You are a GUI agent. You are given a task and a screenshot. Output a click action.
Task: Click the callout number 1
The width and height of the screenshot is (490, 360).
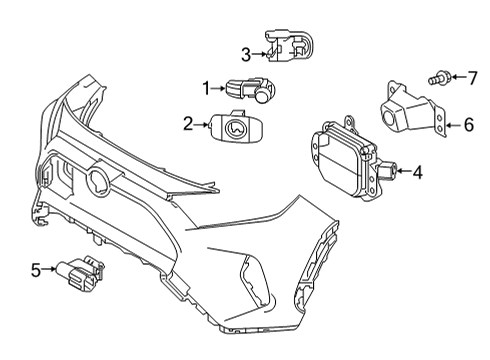tap(207, 89)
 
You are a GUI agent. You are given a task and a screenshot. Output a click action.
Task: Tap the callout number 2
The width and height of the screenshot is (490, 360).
tap(187, 125)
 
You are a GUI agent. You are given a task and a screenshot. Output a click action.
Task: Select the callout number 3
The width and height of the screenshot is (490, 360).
tap(245, 53)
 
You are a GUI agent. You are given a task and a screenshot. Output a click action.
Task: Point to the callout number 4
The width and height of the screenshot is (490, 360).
tap(417, 172)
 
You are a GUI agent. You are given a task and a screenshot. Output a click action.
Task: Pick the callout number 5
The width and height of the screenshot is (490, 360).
tap(37, 269)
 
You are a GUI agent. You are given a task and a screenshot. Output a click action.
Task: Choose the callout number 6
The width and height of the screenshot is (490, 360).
tap(467, 125)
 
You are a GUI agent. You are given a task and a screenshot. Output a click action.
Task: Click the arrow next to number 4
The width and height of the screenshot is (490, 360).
tap(403, 172)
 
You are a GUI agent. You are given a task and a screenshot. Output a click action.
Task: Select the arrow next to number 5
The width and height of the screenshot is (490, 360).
tap(51, 269)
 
